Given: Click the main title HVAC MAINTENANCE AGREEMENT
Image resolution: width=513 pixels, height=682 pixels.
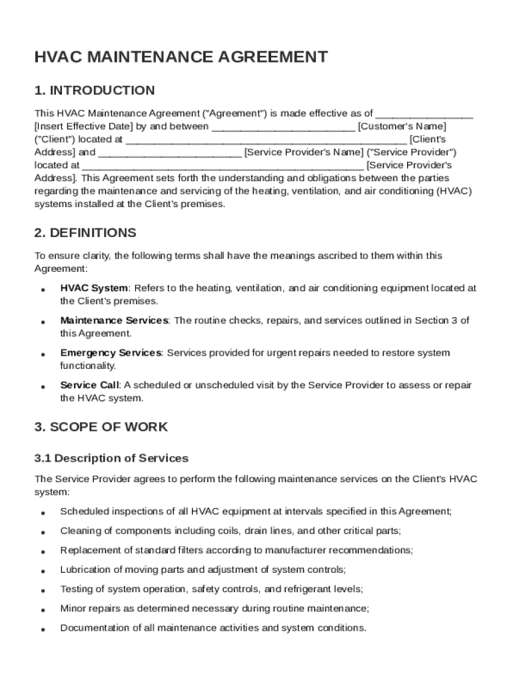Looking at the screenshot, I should point(181,57).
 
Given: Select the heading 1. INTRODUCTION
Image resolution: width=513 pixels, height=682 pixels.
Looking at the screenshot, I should point(94,91).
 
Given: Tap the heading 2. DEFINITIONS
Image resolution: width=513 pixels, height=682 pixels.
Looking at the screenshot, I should point(85,232).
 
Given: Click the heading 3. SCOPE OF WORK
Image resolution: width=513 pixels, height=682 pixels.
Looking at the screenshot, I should point(101,426).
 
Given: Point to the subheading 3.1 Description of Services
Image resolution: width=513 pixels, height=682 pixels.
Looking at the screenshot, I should point(111,458).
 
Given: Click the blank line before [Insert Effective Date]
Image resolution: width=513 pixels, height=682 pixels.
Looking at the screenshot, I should point(424,114).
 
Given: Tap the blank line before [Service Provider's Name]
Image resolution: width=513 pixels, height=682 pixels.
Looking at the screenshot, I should point(170,153).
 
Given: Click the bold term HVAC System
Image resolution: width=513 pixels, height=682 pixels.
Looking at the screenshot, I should point(94,288).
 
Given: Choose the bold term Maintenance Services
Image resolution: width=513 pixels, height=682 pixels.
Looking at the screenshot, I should point(114,320).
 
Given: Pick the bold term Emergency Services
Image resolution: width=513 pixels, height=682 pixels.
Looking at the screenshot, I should point(111,353).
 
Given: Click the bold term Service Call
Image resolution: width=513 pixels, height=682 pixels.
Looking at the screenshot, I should point(89,385).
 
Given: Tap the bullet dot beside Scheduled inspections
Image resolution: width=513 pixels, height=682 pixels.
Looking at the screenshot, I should point(43,513).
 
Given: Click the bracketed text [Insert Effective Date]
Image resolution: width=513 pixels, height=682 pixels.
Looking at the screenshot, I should point(85,127).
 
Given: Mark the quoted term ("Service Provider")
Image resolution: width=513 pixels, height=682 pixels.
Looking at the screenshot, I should point(412,153).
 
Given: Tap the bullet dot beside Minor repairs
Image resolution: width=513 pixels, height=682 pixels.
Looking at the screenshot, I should point(43,610).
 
